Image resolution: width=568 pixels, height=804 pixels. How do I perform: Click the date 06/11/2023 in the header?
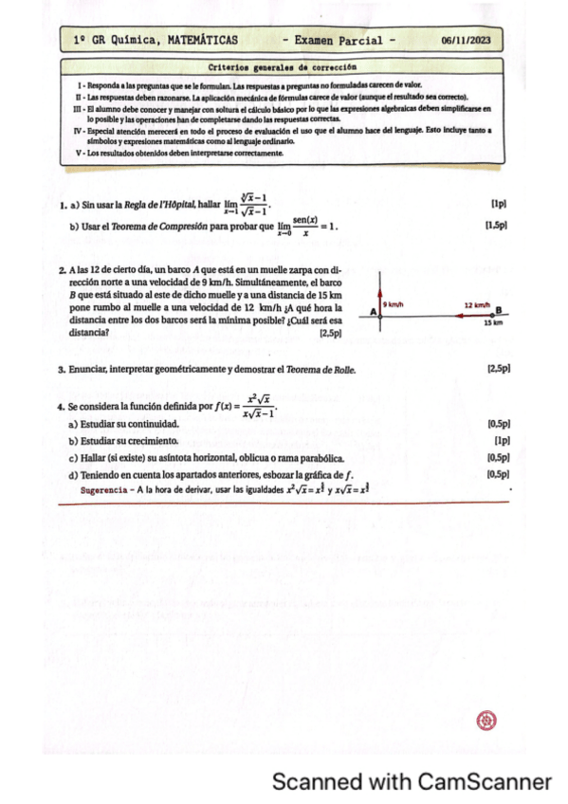467,41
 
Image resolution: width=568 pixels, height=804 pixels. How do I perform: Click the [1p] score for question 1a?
499,204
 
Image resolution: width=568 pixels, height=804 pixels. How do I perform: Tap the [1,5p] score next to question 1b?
496,227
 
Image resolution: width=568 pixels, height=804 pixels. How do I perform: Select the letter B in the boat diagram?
498,310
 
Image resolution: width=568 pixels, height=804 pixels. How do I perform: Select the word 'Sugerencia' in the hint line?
99,490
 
